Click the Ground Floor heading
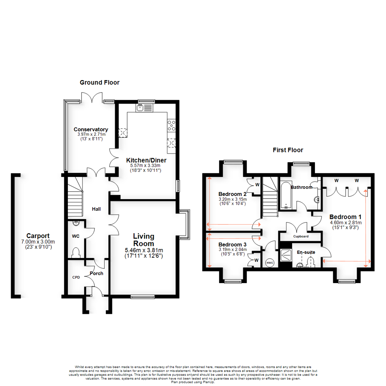[99, 83]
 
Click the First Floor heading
[288, 150]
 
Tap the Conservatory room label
[91, 129]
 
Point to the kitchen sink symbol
[140, 107]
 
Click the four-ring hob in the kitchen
[171, 125]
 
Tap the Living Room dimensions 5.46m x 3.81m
[143, 250]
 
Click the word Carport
[38, 236]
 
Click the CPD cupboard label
[76, 277]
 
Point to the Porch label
[96, 273]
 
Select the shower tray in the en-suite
[286, 253]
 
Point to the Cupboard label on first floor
[301, 237]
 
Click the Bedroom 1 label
[345, 217]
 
